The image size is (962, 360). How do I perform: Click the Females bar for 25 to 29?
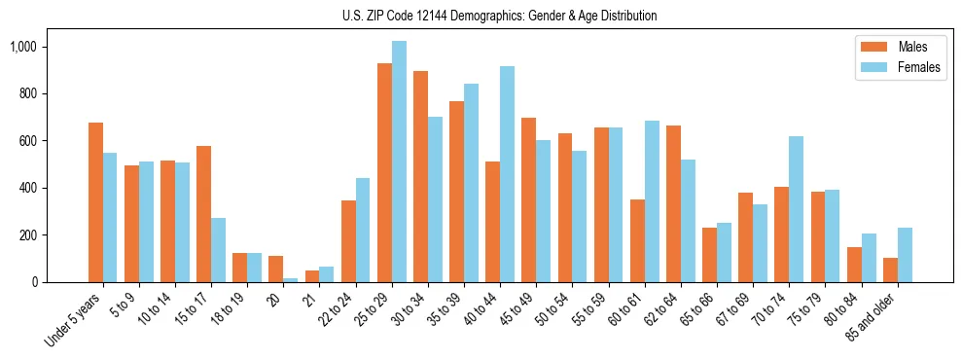(x=399, y=162)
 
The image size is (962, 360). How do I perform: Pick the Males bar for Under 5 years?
(x=95, y=202)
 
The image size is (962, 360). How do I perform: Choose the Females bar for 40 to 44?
(x=507, y=174)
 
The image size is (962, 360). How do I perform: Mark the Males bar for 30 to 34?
(x=420, y=176)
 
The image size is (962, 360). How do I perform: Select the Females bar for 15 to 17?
(x=219, y=250)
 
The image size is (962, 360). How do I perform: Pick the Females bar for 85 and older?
(x=905, y=255)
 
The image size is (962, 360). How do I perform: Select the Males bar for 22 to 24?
(x=348, y=241)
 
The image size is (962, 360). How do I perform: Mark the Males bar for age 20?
(x=276, y=270)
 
